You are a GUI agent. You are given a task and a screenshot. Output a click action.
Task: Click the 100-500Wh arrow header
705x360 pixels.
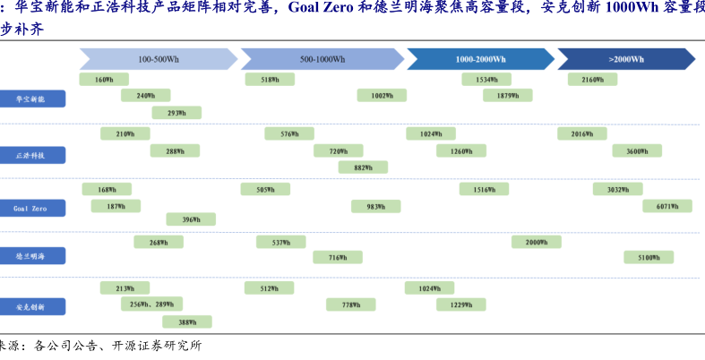point(158,59)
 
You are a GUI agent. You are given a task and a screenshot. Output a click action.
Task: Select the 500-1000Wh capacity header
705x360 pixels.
point(322,59)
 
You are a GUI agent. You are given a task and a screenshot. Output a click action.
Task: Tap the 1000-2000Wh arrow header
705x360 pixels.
point(480,59)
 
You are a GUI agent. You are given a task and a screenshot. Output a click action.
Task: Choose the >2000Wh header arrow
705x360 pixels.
point(626,59)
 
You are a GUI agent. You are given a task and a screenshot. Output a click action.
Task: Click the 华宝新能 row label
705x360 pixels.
point(33,99)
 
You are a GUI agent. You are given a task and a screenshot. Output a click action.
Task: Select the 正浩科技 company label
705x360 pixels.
point(33,155)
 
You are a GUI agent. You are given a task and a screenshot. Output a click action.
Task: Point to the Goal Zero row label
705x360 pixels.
point(33,208)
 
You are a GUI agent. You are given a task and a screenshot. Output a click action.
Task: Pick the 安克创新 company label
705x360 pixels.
point(33,307)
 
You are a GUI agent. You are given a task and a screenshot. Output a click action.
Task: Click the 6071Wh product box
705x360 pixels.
point(667,206)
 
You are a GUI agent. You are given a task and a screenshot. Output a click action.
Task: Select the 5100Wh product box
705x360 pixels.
point(649,258)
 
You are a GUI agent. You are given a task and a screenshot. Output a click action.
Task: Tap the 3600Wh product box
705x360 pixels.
point(637,151)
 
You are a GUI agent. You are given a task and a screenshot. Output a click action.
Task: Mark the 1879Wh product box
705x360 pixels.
point(508,95)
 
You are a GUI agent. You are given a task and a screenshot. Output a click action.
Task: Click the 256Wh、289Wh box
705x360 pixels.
point(151,304)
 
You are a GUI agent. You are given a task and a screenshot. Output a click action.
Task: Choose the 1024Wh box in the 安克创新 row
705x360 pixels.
point(429,288)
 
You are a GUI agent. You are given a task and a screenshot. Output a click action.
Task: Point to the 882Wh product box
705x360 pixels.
point(363,167)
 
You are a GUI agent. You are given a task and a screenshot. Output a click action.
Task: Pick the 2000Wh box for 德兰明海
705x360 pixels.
point(536,242)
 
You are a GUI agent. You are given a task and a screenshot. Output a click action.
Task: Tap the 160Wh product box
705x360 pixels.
point(104,80)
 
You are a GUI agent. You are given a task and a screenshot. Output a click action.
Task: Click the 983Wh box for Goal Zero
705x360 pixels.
point(375,206)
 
